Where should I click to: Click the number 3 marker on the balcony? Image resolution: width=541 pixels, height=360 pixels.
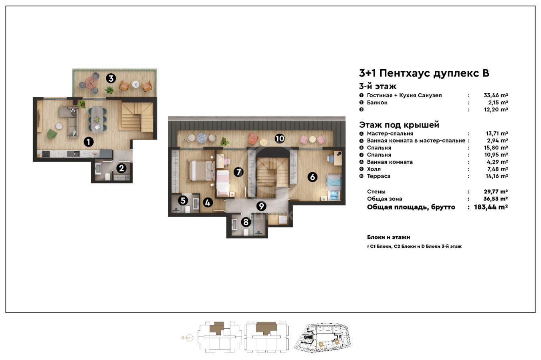(111, 78)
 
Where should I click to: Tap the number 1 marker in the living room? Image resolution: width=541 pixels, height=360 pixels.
(89, 142)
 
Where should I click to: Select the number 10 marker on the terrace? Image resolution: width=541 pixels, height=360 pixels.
(280, 139)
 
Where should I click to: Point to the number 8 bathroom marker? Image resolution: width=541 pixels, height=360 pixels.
(246, 222)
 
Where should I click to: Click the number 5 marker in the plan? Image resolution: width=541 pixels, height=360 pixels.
(183, 201)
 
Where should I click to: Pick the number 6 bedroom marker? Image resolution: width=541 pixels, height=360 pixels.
(313, 177)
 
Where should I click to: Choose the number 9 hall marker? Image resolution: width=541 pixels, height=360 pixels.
(261, 206)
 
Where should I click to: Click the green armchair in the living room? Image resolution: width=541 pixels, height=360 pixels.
(52, 134)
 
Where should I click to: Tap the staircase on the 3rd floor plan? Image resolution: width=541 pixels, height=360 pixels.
(137, 117)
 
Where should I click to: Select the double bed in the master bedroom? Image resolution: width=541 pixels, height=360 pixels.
(202, 171)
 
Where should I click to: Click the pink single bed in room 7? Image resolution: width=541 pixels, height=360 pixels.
(223, 183)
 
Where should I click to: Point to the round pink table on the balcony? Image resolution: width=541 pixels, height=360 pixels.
(91, 83)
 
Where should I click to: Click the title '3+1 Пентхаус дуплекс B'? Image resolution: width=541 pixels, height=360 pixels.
(424, 73)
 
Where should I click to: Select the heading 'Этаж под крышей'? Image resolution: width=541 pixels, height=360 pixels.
(399, 125)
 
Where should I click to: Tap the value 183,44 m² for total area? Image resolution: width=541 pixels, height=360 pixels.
(491, 207)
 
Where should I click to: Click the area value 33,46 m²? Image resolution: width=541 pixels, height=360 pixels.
(496, 95)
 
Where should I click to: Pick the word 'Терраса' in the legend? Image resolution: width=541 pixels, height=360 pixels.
(379, 176)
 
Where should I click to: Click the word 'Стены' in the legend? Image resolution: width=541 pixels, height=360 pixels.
(376, 191)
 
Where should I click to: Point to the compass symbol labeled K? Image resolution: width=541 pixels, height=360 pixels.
(190, 338)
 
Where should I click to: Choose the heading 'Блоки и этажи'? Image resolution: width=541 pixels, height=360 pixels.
(389, 237)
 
